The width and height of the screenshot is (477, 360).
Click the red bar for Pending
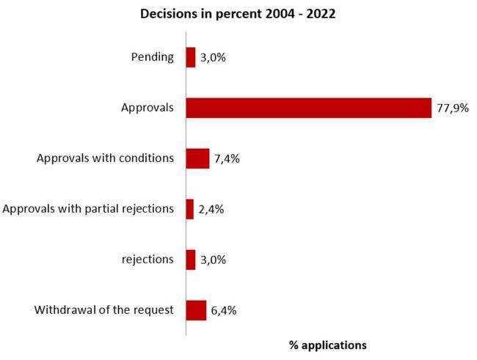coord(191,57)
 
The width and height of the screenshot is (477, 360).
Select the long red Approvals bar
coord(308,108)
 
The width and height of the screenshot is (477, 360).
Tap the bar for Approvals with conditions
coord(197,158)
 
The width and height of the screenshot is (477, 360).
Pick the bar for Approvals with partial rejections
coord(190,209)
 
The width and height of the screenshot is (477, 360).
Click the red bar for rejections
coord(191,260)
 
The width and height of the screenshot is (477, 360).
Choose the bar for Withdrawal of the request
coord(196,310)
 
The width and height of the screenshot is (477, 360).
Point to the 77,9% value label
coord(452,108)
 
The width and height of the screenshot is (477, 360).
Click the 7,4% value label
coord(227,158)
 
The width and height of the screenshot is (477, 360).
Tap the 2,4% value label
coord(211,209)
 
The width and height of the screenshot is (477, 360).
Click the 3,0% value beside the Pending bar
coord(213,57)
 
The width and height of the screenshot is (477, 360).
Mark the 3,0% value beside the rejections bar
coord(213,260)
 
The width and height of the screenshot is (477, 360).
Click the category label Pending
coord(151,57)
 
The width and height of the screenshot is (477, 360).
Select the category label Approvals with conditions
coord(105,158)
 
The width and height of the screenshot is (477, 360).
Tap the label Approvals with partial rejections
coord(89,209)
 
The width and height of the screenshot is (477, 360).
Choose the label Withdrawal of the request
coord(104,310)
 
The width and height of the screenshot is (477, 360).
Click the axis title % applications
coord(327,345)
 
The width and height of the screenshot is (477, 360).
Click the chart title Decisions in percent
coord(238,14)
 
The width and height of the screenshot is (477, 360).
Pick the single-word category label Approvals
coord(148,108)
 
